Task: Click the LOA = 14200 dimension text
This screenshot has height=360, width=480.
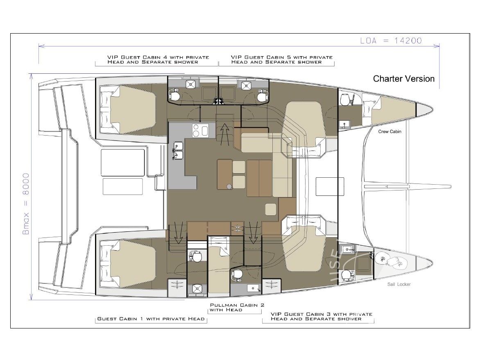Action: pos(391,41)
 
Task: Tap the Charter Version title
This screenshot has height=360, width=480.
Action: pos(403,79)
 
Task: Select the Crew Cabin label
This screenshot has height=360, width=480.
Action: pos(389,131)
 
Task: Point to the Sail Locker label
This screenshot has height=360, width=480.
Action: pos(399,284)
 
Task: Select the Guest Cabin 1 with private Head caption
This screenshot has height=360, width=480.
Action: pos(151,319)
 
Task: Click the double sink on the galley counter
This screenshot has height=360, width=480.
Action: pos(178,149)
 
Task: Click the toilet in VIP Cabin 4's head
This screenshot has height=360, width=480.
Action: pos(175,96)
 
